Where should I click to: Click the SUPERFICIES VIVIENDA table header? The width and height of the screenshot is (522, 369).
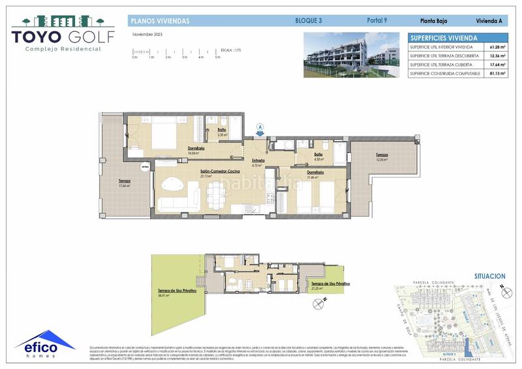[x=444, y=38]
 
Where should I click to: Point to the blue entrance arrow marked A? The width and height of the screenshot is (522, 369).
[x=260, y=129]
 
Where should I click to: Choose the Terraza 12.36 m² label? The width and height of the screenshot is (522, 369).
[x=382, y=157]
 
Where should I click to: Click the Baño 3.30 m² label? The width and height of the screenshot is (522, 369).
[x=222, y=132]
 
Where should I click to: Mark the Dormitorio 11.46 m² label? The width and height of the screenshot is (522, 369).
[x=316, y=174]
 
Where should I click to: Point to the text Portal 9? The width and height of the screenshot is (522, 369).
[x=376, y=21]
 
